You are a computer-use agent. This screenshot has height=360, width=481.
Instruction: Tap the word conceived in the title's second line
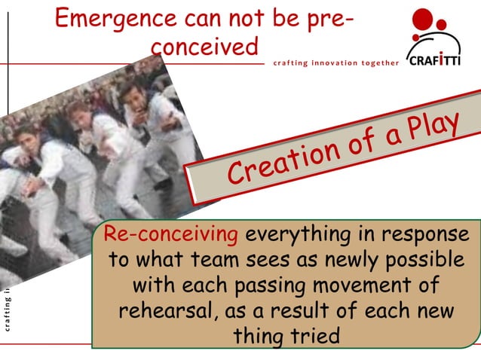204,46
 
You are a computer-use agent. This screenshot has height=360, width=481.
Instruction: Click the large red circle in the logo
424,19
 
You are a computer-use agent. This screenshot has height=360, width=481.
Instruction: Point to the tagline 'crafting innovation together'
335,63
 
